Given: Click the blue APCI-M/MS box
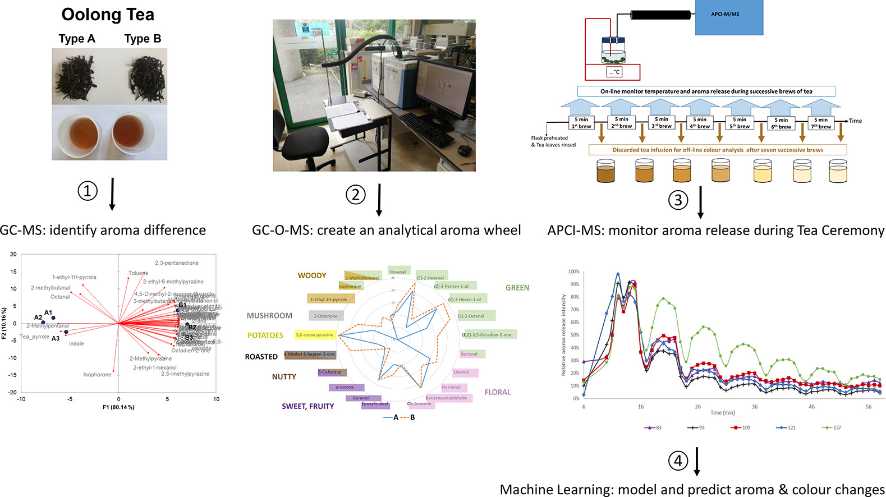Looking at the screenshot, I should (729, 17).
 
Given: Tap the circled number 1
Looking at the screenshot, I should (88, 191).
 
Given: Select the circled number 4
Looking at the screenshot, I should (678, 461).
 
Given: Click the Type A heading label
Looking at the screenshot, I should (77, 39).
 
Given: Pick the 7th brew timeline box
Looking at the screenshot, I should (821, 123).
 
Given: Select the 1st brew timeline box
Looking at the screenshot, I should (581, 123).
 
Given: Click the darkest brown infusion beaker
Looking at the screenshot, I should (605, 171).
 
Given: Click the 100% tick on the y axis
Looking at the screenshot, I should (573, 271).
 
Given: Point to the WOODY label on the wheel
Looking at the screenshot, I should (312, 275).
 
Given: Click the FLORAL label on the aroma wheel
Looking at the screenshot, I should (498, 392).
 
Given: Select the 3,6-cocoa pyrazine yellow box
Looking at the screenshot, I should (315, 335).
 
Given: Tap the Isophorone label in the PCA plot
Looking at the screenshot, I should (97, 375).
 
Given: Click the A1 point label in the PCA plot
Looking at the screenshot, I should (48, 312).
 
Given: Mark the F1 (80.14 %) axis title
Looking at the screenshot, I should (118, 407).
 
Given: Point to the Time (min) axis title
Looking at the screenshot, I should (722, 413).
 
